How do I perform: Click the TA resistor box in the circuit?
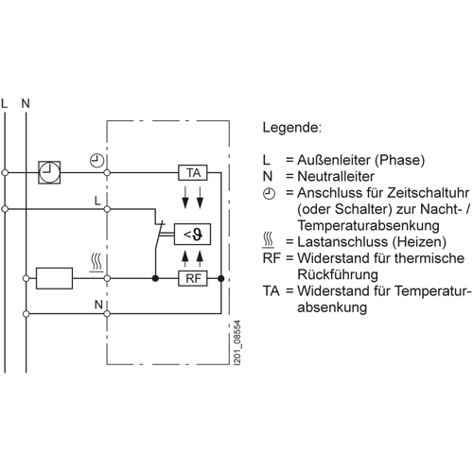193,173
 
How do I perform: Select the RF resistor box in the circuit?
193,278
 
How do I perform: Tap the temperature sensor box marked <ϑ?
192,235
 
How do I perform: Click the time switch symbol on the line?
49,172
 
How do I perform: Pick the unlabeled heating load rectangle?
54,278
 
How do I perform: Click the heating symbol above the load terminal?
96,262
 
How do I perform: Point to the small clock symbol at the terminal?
97,161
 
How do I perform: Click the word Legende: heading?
292,128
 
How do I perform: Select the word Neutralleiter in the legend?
336,176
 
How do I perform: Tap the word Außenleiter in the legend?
334,160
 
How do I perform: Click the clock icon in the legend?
269,193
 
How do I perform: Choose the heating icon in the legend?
269,240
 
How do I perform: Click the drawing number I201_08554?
237,343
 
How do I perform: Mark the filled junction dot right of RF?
221,278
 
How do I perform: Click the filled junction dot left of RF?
155,278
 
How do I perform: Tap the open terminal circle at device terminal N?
107,314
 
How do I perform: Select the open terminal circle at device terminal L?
107,209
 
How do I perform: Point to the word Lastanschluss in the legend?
342,242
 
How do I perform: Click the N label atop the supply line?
26,103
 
